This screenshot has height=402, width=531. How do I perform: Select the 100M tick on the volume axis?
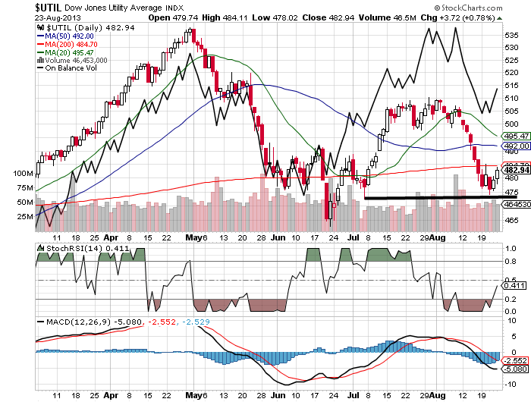tap(24, 174)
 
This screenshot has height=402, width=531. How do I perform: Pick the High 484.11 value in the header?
tap(231, 17)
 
